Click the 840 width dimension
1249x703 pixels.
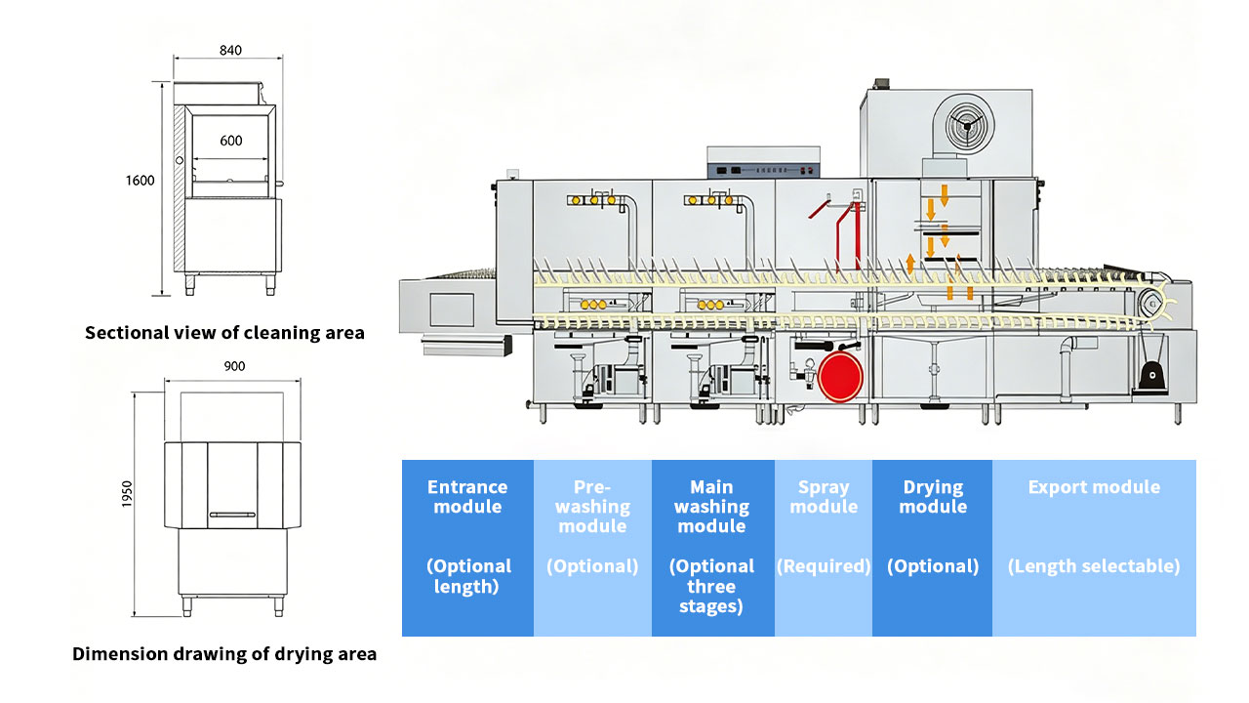pos(230,50)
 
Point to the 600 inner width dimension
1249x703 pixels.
pos(230,141)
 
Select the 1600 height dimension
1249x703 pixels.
pos(140,181)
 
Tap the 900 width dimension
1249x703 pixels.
pos(234,366)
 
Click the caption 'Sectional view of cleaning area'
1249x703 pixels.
pos(224,333)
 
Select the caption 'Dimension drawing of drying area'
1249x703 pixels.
pos(224,654)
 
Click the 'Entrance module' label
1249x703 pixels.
pos(467,497)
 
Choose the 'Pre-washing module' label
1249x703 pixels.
pos(592,507)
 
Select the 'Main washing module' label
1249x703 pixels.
pos(711,507)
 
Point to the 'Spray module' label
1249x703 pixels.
pos(824,497)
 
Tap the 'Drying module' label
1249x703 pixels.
pos(933,497)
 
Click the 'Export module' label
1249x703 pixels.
pos(1094,487)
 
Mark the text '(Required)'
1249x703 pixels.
pos(824,566)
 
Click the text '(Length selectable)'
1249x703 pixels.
pos(1094,566)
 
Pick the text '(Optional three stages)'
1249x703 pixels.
pos(711,586)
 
